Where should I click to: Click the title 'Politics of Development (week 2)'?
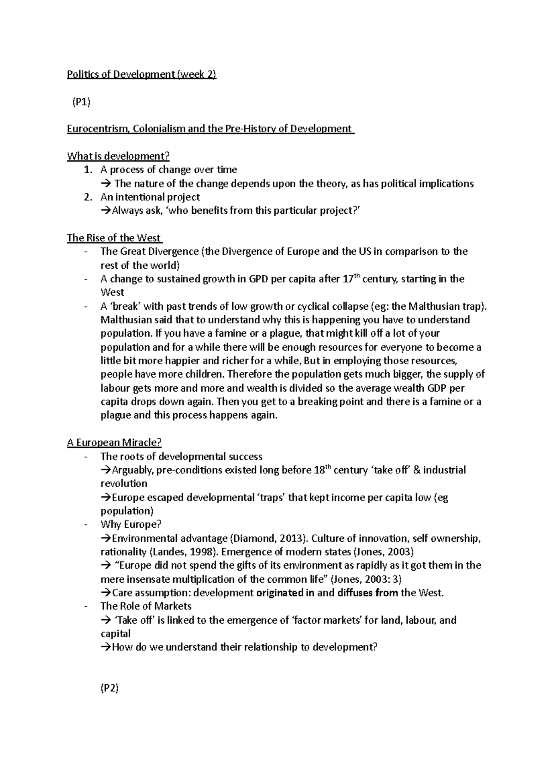(141, 75)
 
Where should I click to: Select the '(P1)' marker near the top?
(81, 103)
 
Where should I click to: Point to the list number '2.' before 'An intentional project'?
(88, 197)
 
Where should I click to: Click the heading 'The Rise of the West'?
(114, 238)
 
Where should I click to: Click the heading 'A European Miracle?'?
(114, 443)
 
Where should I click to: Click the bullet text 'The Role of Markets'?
(146, 606)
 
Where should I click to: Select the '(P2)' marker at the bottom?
(110, 688)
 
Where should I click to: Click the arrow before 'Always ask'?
(105, 211)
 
